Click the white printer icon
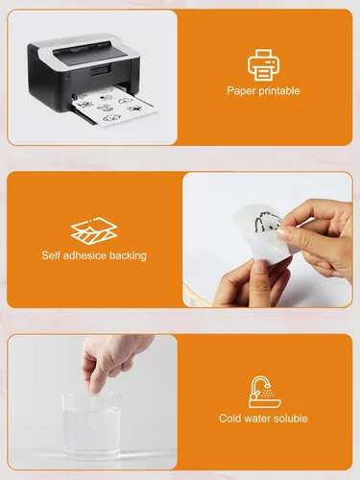point(263,65)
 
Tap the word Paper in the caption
point(241,91)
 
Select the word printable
point(279,90)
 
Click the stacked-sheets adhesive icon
point(94,230)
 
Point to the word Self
point(51,255)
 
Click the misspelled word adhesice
point(84,255)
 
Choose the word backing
point(128,256)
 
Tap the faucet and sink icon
point(265,392)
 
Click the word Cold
point(230,419)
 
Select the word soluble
point(290,419)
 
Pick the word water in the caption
point(257,419)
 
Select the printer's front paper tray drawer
point(102,70)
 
